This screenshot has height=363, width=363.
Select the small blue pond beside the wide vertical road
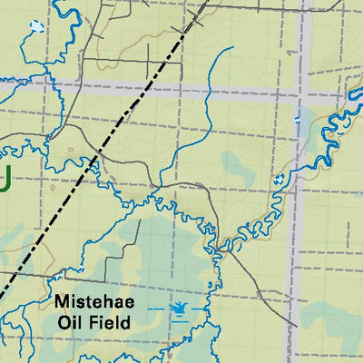296,119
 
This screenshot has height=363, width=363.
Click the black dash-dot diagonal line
54,219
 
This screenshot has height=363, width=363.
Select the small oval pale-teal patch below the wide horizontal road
238,166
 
